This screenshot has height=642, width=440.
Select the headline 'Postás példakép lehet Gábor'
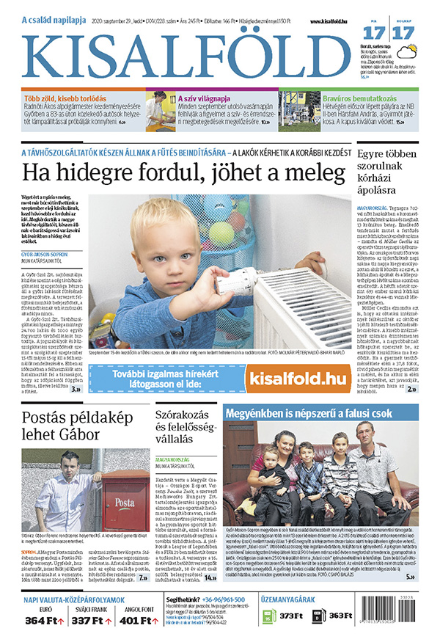point(72,429)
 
